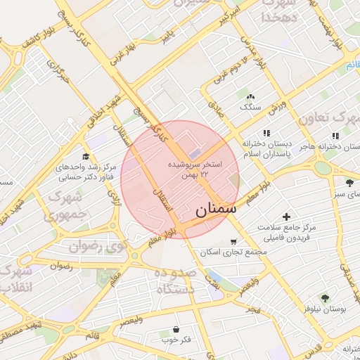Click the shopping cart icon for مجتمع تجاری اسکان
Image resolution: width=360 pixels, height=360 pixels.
tap(233, 241)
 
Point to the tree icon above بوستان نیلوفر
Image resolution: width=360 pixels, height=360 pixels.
tap(324, 298)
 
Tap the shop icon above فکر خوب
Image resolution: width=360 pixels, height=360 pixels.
tap(175, 329)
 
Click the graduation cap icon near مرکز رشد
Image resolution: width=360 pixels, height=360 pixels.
tap(86, 156)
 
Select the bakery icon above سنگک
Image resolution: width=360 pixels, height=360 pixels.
tap(250, 97)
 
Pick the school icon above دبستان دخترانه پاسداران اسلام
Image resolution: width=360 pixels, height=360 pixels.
tap(266, 133)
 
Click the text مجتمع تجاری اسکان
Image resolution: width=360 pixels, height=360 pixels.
tap(234, 252)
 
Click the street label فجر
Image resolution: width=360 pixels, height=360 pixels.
tap(252, 309)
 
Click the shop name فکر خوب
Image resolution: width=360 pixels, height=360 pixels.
tap(176, 340)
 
